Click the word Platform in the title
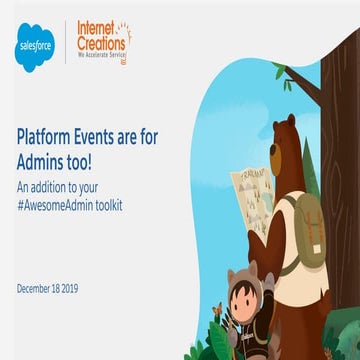coord(51,137)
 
